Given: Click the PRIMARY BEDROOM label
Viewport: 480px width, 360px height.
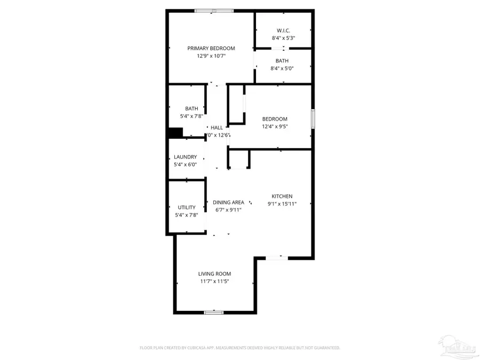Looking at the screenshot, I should pos(211,49).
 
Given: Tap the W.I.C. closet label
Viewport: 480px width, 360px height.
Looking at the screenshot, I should pos(283,30).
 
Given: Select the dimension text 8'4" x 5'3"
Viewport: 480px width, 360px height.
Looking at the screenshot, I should pos(283,38).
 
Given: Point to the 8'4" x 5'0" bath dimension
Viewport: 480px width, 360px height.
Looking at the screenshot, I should pos(283,68).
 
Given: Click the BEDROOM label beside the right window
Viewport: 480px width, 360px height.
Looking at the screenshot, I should pos(275,119).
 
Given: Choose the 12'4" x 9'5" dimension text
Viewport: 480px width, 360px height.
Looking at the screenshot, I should pos(275,126).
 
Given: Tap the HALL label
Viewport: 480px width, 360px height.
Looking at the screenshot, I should pos(217,127).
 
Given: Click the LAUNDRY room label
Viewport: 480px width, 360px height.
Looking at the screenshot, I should pos(185,157).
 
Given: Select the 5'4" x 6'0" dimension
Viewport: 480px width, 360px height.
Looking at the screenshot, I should pos(185,165).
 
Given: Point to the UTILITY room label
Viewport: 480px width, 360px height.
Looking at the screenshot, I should pos(186,207).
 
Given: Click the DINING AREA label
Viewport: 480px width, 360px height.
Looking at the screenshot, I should pos(228,202).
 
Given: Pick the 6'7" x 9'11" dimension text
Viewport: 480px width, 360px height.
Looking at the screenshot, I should pos(228,210).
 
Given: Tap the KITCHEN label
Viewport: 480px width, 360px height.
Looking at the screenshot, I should pos(282,196).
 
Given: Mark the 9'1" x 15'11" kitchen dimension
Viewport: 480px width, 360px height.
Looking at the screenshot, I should pos(282,204).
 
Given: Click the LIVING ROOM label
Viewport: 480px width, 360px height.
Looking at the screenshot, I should pos(214,274).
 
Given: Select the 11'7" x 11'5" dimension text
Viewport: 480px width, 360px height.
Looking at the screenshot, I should pos(214,281).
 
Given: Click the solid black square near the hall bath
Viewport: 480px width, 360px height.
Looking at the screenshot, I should pos(175,132).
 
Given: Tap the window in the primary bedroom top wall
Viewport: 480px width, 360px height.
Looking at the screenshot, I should pos(213,10).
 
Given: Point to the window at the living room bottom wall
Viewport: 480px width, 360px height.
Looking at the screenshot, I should pos(214,312).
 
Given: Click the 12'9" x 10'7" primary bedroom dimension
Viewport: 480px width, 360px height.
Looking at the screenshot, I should pos(211,56).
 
